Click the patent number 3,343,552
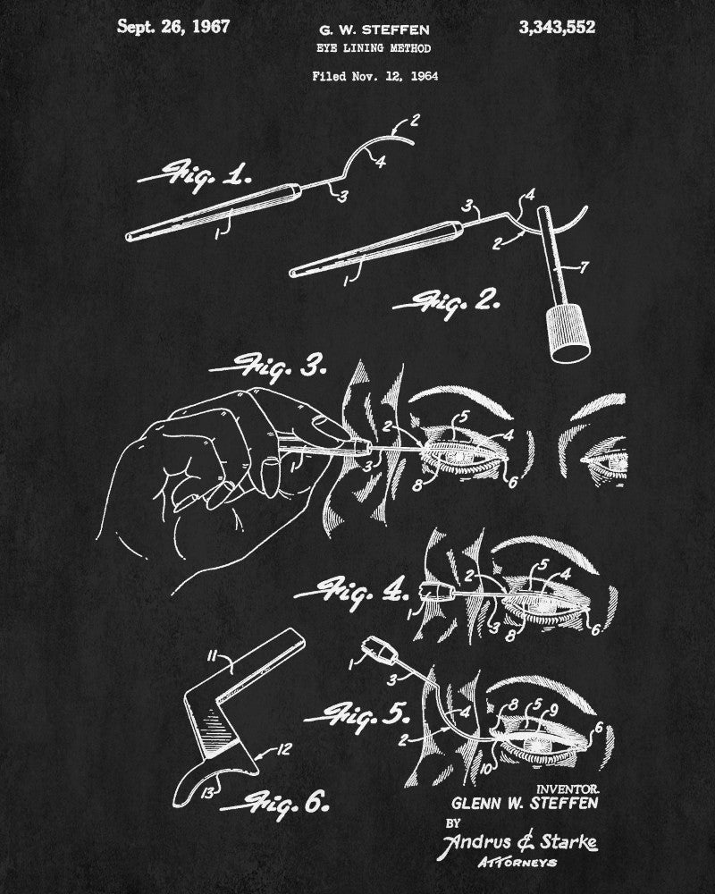(x=557, y=28)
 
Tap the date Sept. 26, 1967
(x=173, y=27)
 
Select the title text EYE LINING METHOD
(x=374, y=48)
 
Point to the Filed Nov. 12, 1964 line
(x=374, y=76)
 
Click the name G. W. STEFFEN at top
(x=374, y=30)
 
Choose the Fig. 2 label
(x=447, y=303)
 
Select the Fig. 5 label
(x=357, y=715)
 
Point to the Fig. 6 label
(x=274, y=804)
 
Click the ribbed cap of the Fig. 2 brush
(x=568, y=333)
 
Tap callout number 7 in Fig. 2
(x=584, y=266)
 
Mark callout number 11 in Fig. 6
(x=212, y=657)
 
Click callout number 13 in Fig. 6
(x=207, y=792)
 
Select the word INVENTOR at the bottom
(x=568, y=789)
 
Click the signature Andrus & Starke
(x=520, y=842)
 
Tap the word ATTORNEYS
(x=517, y=862)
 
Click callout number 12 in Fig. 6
(x=283, y=749)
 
